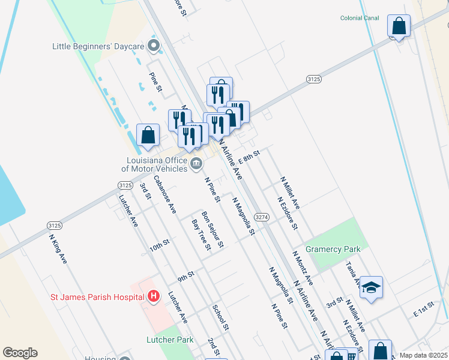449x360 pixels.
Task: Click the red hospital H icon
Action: (x=154, y=296)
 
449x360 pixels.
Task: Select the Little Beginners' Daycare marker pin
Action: (x=154, y=46)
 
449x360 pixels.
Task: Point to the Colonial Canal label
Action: (x=360, y=19)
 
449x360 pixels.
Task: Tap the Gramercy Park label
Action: (x=333, y=249)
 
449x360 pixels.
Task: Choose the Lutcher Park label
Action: (x=170, y=340)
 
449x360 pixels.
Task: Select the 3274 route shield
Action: (x=261, y=217)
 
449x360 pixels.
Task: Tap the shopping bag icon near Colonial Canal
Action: (x=399, y=26)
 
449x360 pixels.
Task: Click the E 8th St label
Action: (x=249, y=157)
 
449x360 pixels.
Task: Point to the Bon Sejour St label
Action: (x=212, y=229)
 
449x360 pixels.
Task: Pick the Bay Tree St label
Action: (x=201, y=235)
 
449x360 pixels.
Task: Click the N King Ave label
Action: (x=58, y=248)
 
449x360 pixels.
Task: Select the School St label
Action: (x=221, y=316)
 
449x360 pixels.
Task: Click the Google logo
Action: (x=20, y=353)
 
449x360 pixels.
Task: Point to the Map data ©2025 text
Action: (x=423, y=355)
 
